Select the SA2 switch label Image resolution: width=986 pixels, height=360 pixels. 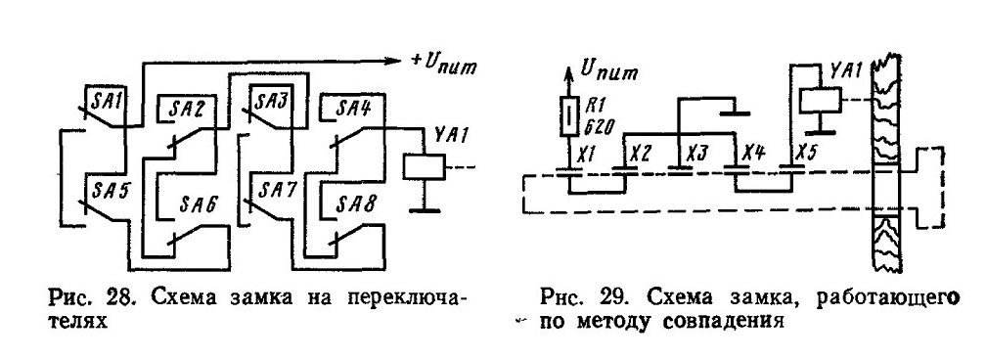[x=189, y=109]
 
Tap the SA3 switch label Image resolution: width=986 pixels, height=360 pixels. [x=270, y=100]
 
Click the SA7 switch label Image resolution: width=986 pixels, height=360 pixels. [x=270, y=188]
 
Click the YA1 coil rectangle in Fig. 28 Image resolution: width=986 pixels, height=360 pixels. [x=425, y=166]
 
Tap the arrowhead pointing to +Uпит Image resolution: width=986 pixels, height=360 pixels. [x=393, y=61]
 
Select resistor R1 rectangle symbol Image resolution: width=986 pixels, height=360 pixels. [x=568, y=116]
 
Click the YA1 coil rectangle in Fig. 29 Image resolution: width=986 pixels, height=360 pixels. [x=821, y=100]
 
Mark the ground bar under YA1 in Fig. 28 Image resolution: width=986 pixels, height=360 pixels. [x=425, y=208]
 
